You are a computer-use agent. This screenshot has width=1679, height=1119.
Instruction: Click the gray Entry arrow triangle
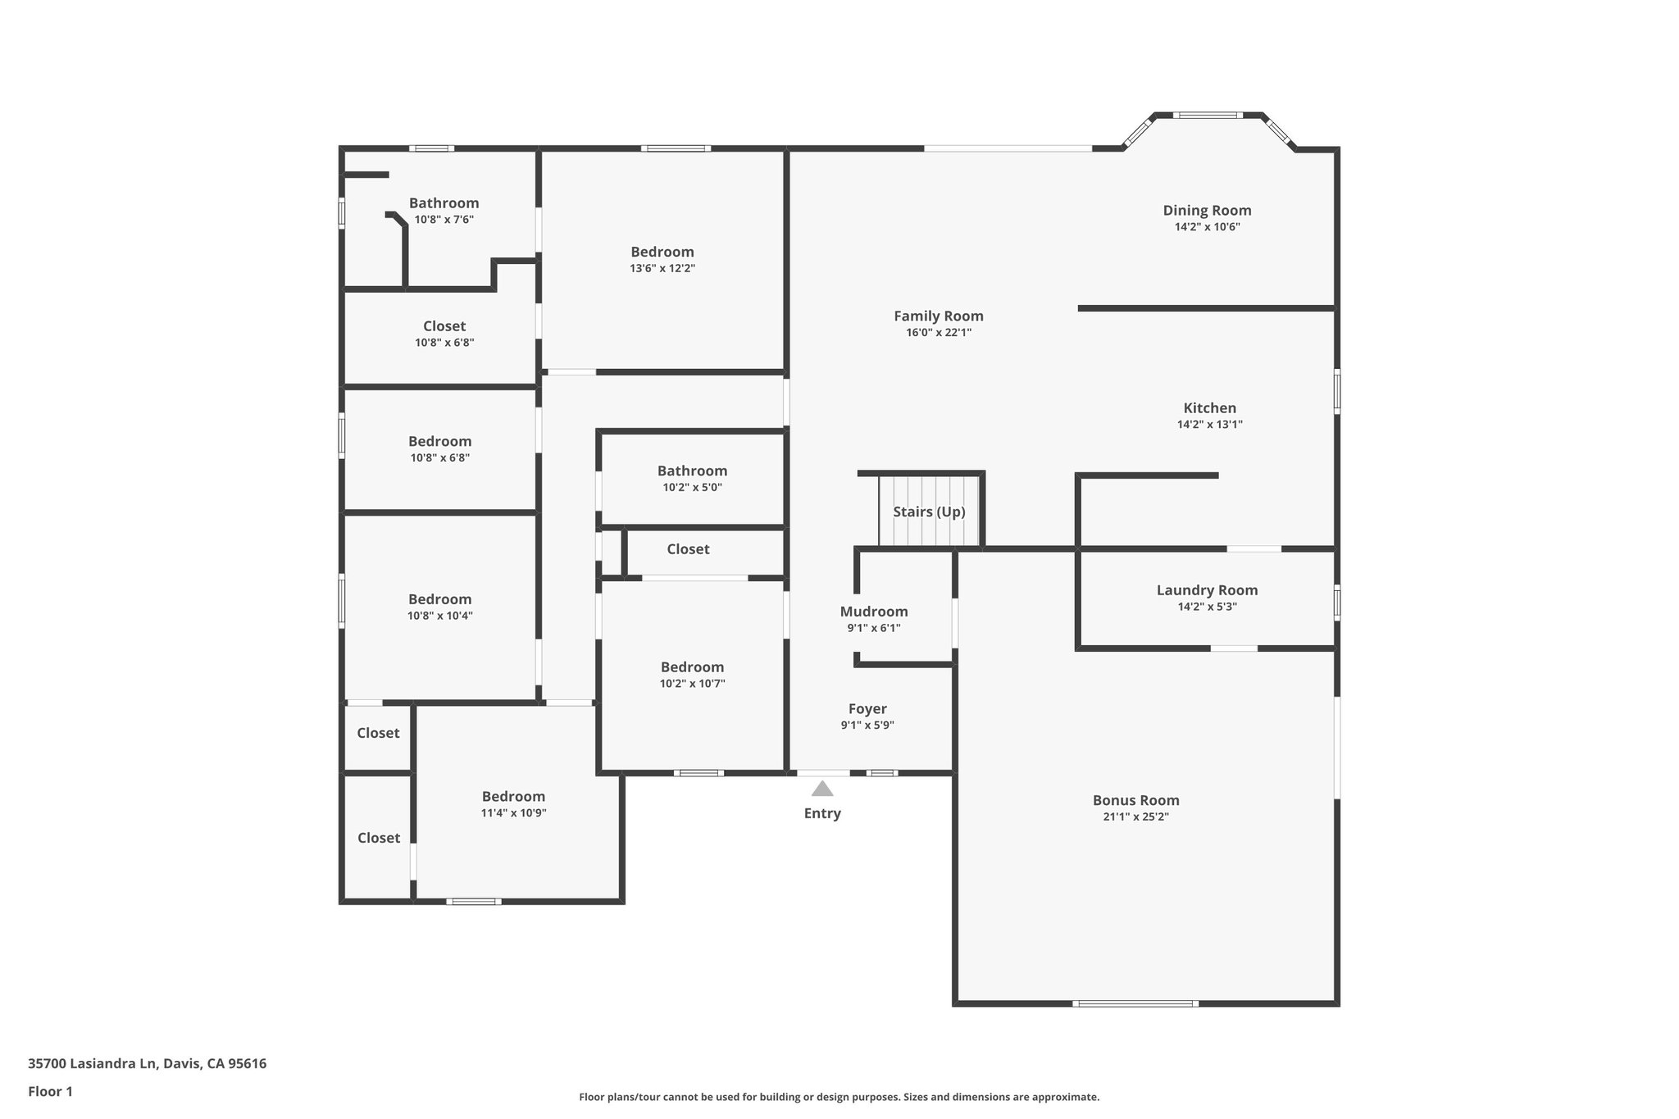point(822,789)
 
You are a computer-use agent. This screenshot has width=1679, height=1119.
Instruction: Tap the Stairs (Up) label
point(929,512)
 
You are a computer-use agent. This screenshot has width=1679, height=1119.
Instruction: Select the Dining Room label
point(1207,210)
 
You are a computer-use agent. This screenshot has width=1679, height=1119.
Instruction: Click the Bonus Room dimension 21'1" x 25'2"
point(1135,817)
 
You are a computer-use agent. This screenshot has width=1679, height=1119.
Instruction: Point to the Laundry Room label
point(1207,589)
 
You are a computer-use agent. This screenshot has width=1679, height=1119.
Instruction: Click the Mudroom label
point(874,611)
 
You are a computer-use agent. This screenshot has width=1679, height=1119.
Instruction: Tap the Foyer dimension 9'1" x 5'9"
point(867,725)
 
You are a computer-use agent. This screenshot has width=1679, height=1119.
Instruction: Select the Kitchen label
point(1209,407)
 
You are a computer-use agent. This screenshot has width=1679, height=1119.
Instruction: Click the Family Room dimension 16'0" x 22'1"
point(939,332)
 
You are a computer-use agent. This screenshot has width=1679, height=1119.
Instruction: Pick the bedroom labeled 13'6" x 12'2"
point(662,252)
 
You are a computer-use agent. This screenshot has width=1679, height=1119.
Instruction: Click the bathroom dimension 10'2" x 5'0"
point(692,487)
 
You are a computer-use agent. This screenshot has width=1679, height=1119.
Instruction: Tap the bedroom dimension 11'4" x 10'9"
point(513,812)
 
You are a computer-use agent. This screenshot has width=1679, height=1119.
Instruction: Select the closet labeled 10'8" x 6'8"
point(444,325)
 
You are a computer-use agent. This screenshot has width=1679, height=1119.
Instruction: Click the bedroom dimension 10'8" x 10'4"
point(439,615)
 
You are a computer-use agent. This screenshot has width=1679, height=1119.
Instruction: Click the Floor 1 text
point(50,1091)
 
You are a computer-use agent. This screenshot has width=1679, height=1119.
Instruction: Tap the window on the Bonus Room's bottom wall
point(1135,1003)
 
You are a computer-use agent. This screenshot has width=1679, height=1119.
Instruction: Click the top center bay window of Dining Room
point(1207,115)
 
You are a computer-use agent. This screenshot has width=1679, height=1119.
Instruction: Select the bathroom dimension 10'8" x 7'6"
point(444,219)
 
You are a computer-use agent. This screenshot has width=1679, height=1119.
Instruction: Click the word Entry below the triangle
point(822,813)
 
